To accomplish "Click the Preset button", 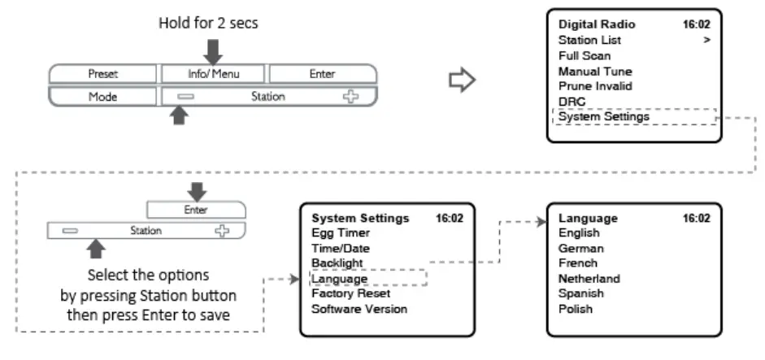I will pos(102,74).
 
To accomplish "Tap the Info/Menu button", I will pos(213,74).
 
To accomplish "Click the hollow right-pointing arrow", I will pos(462,80).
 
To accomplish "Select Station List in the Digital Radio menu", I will pos(589,40).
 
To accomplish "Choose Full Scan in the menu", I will pos(585,55).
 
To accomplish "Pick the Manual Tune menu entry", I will pos(594,71).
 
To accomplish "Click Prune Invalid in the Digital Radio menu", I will pos(595,85).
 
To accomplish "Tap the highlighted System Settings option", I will pos(603,116).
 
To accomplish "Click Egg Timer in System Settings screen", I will pos(341,233).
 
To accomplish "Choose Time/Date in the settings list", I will pos(341,249).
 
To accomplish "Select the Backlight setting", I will pos(337,263).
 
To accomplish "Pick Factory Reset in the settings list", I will pos(350,293).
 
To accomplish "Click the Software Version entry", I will pos(359,309).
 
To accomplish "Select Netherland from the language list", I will pos(589,278).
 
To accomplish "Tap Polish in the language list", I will pos(575,309).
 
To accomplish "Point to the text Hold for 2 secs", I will pos(208,24).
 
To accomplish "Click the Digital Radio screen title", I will pos(597,24).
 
